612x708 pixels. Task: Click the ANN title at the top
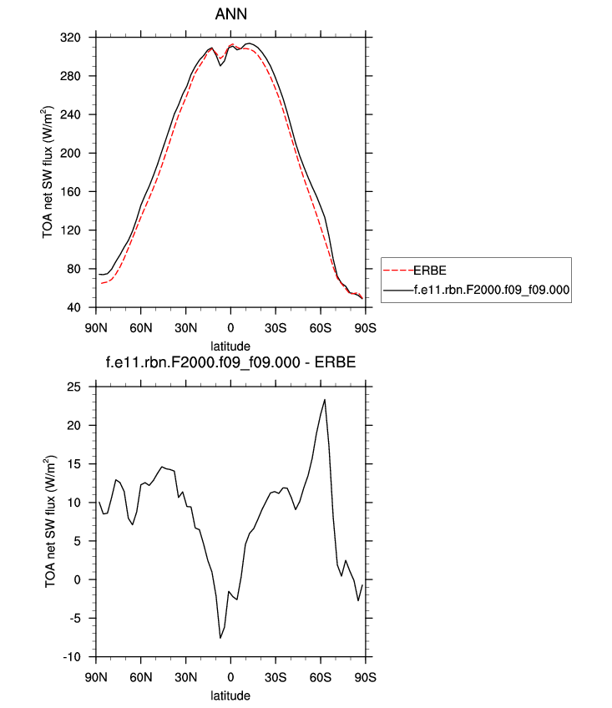[x=230, y=15]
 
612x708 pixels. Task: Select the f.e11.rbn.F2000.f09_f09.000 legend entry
[x=491, y=290]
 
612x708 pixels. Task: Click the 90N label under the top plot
[x=96, y=326]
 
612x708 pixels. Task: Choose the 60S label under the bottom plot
[x=320, y=677]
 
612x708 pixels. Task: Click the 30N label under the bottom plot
[x=185, y=677]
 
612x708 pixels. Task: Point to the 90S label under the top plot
[x=364, y=326]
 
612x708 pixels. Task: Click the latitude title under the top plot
[x=230, y=344]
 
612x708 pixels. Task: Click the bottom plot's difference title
[x=230, y=363]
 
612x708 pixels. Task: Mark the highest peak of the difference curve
[x=325, y=400]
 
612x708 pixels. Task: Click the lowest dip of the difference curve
[x=220, y=638]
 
